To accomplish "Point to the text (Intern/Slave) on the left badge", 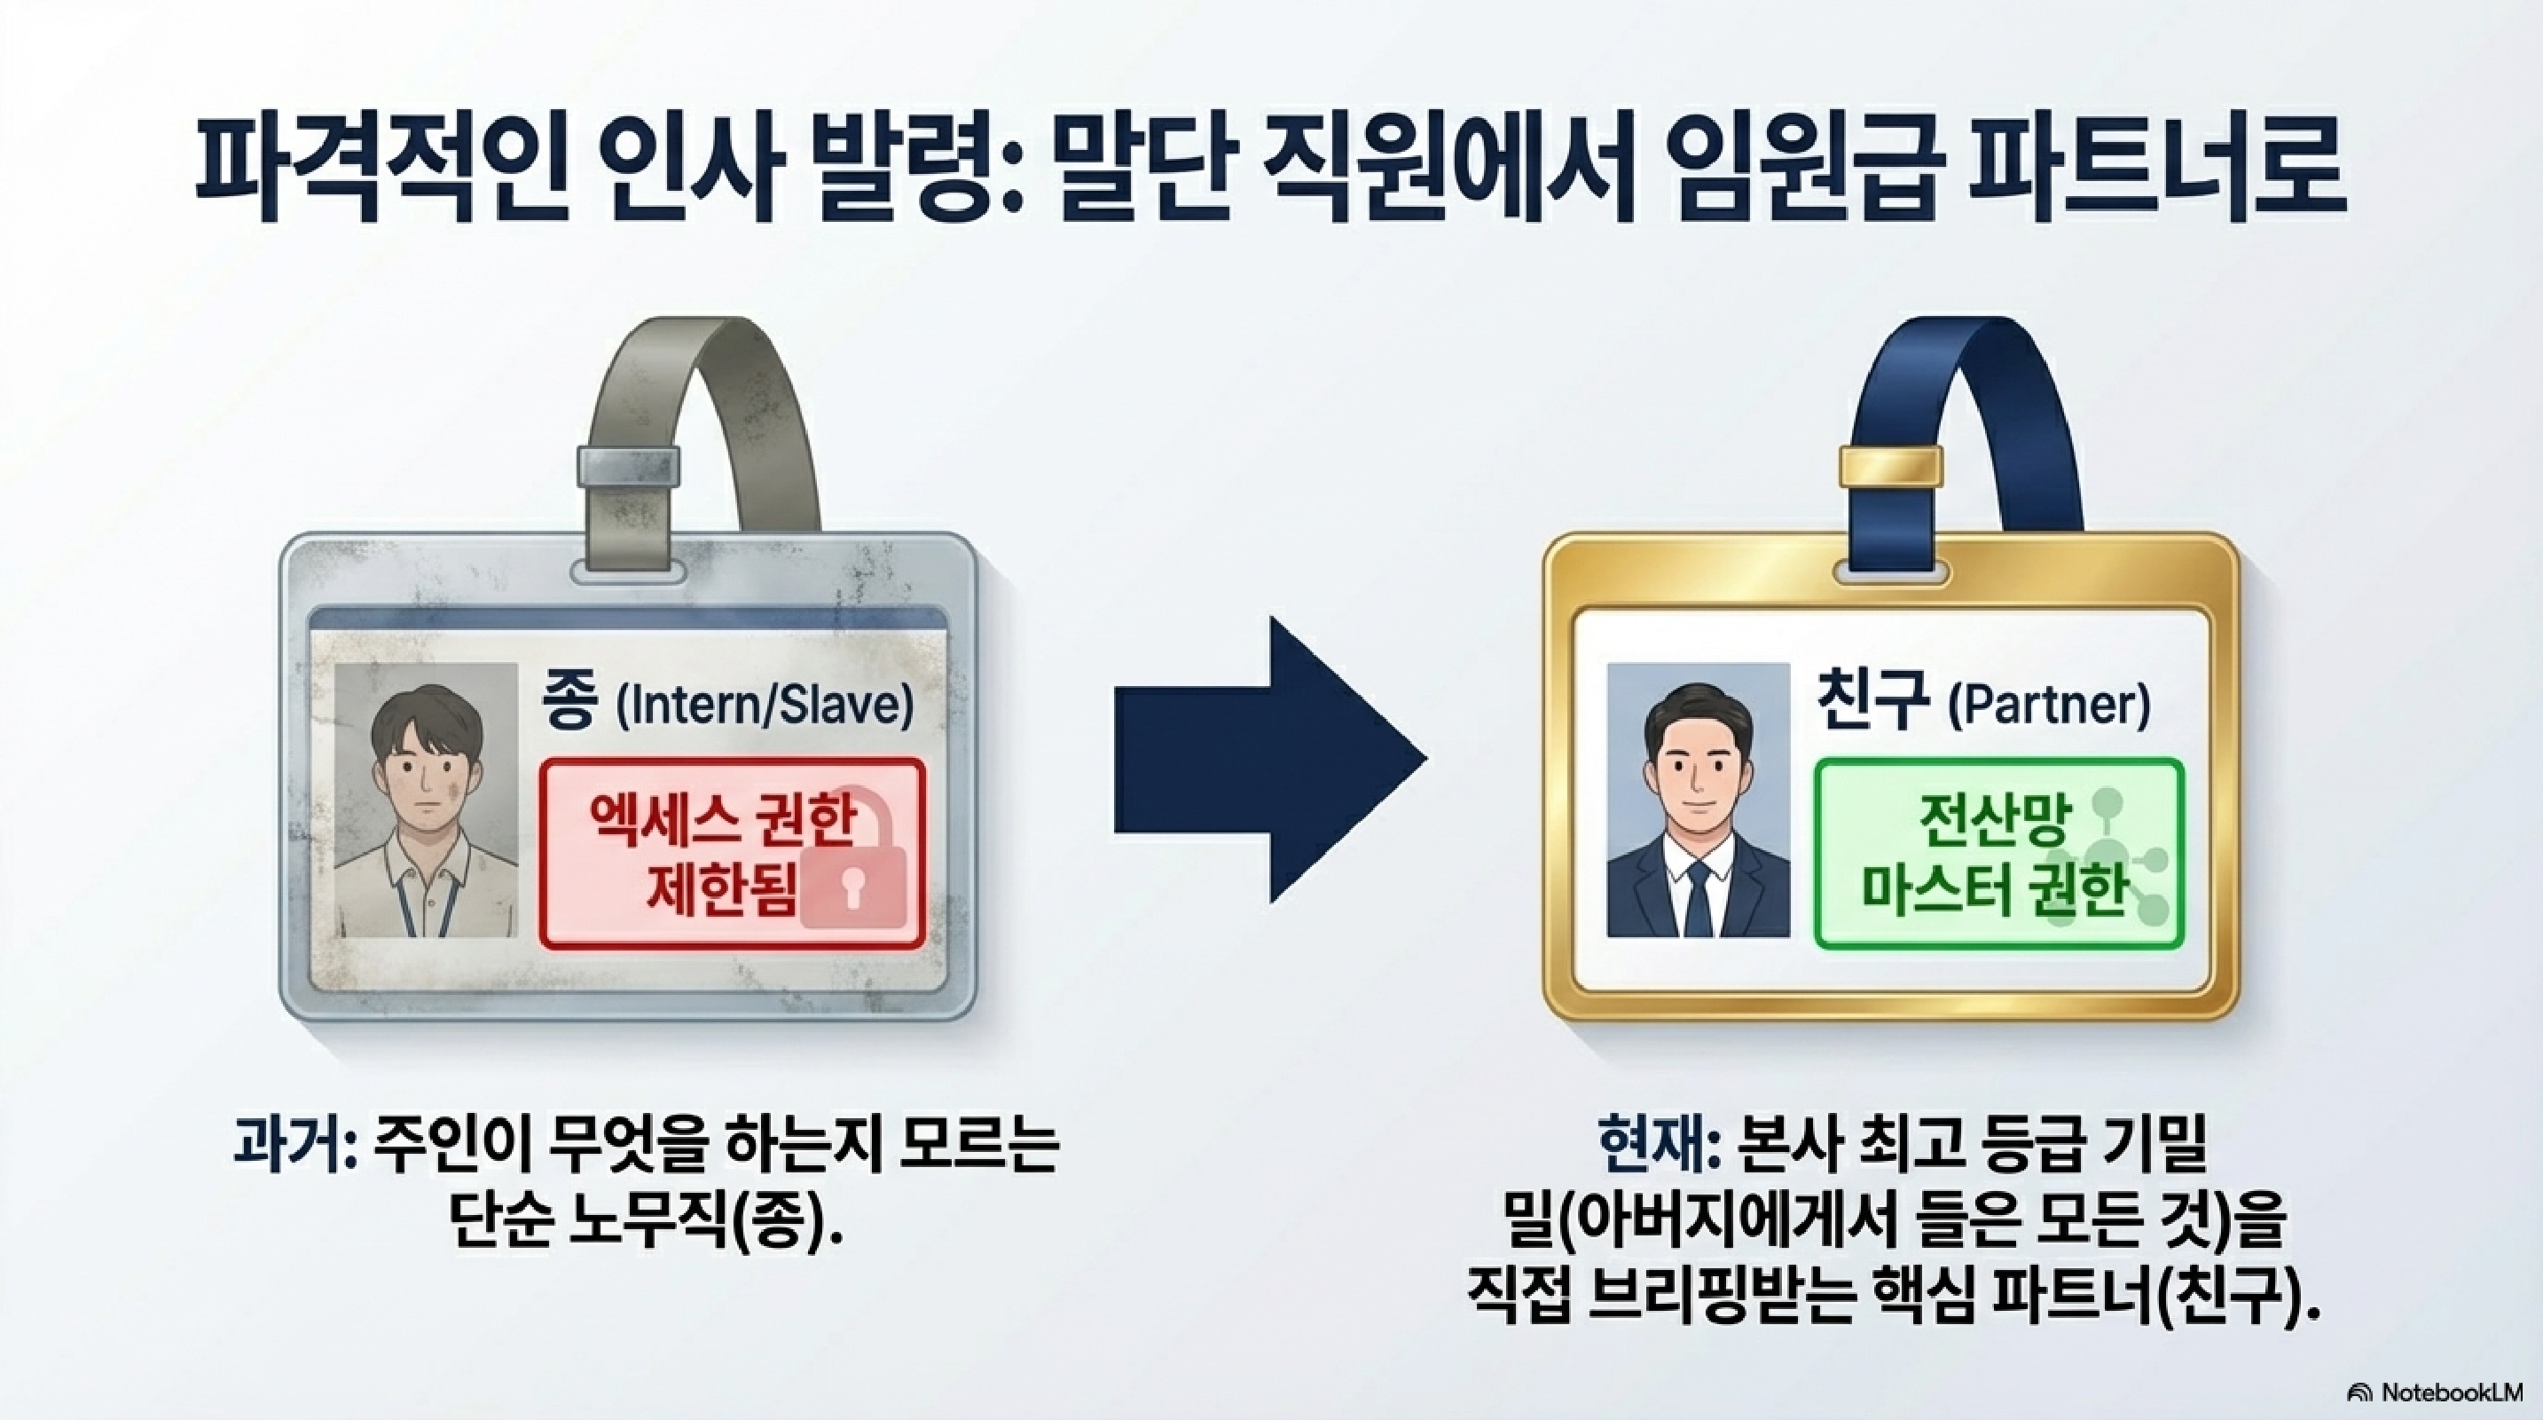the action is [x=763, y=708].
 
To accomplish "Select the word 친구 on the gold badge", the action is [x=1872, y=703].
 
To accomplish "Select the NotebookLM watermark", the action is [x=2438, y=1392].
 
